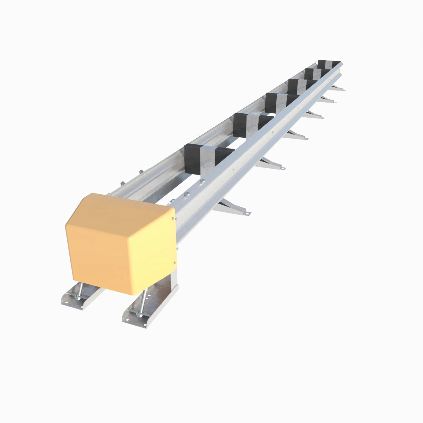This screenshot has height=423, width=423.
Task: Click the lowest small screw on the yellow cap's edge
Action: coord(175,263)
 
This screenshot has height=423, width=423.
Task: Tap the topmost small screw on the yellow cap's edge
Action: coord(173,218)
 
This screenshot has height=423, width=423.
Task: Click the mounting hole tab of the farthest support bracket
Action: coord(343,90)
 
